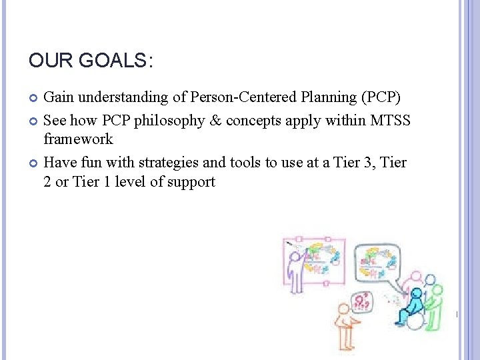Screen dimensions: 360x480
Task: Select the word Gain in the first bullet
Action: (x=57, y=97)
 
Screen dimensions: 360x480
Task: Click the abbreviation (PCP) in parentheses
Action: (x=380, y=97)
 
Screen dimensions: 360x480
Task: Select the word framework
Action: (x=78, y=139)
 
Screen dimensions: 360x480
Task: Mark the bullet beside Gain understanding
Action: (x=34, y=98)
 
